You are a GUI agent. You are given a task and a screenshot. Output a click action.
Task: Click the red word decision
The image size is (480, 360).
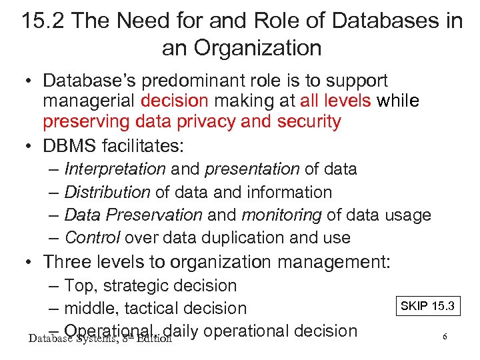tap(175, 101)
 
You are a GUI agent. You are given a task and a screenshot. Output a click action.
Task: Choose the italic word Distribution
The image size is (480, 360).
tap(107, 192)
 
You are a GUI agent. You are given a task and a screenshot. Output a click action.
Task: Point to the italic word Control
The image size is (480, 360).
tap(92, 237)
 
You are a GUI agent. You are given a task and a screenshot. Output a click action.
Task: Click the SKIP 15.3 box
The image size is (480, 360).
tap(426, 306)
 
